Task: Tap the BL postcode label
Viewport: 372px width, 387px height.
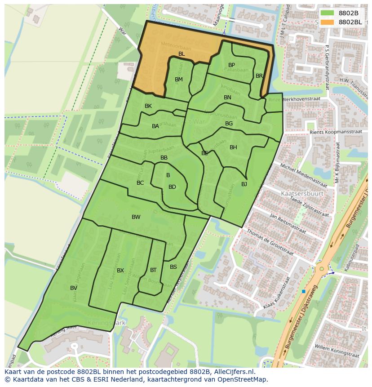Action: click(x=182, y=54)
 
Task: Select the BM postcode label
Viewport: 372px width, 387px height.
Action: click(x=179, y=80)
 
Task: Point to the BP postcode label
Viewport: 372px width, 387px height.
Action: click(x=231, y=65)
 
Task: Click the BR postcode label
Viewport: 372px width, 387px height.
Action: click(x=259, y=76)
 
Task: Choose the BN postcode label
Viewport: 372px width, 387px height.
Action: click(x=227, y=98)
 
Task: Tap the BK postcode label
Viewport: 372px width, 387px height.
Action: click(x=148, y=106)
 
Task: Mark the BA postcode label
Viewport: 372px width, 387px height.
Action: click(x=155, y=126)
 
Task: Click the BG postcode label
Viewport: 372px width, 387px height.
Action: click(x=229, y=124)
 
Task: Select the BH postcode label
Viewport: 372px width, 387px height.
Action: click(x=233, y=147)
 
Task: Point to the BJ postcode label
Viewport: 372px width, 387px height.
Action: click(x=244, y=184)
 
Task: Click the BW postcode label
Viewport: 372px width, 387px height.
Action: click(x=136, y=217)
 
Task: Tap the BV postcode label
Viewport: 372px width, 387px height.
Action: click(x=74, y=288)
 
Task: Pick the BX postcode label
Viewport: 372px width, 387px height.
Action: click(x=120, y=271)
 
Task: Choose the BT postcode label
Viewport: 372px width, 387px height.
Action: click(x=153, y=270)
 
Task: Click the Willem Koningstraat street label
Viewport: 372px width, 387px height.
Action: click(x=336, y=351)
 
